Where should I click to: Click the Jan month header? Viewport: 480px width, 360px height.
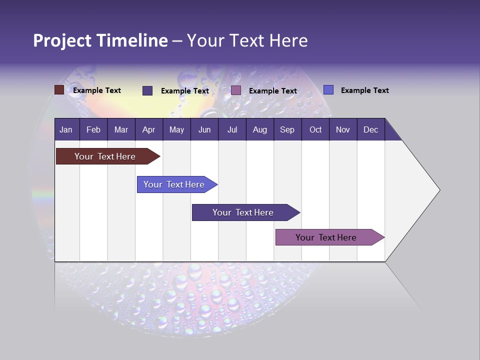tap(66, 129)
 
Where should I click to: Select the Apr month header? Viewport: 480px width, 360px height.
tap(148, 129)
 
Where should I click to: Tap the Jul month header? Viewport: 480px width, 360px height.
tap(232, 129)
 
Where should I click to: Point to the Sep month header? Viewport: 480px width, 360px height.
tap(287, 129)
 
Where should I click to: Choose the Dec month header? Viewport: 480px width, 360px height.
tap(370, 129)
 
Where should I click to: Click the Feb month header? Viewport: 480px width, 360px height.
tap(93, 129)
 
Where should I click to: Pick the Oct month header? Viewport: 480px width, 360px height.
tap(315, 129)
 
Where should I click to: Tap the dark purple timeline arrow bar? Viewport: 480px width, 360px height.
tap(243, 212)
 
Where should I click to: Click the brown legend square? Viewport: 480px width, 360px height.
tap(59, 90)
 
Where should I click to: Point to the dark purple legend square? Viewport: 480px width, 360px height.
tap(147, 90)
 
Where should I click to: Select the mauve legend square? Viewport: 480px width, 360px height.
tap(236, 90)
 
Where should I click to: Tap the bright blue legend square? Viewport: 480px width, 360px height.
tap(328, 90)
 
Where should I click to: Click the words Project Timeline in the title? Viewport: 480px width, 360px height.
tap(100, 40)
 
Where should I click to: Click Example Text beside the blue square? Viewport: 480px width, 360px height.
tap(364, 90)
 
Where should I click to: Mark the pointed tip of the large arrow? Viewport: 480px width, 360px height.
tap(439, 189)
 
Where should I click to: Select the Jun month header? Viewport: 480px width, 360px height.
tap(204, 129)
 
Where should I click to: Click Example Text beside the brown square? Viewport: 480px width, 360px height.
tap(97, 90)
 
